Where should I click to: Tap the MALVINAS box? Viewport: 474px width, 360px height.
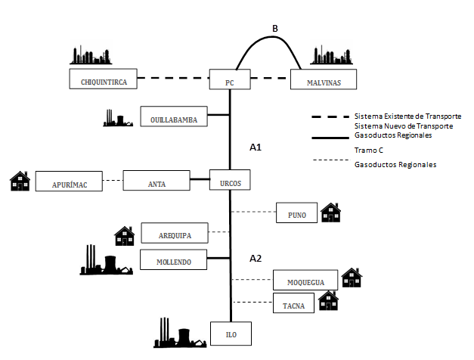[323, 79]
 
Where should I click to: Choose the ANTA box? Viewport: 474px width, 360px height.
[156, 181]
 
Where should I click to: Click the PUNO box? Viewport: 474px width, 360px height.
[297, 213]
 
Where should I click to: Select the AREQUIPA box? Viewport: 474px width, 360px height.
[175, 233]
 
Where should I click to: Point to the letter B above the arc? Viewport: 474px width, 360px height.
[275, 29]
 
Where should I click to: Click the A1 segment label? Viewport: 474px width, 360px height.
[256, 147]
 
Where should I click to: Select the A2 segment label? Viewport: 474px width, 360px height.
[256, 258]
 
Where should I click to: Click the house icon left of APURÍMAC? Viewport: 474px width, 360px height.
[20, 181]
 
